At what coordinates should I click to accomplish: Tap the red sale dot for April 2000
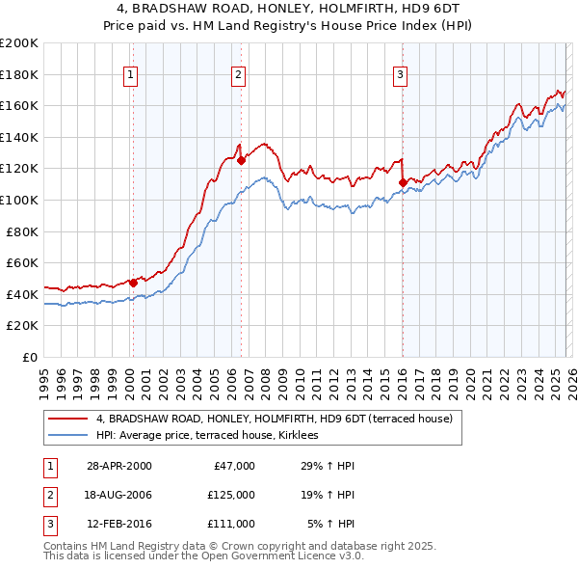tap(134, 283)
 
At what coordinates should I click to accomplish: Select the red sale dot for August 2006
tap(241, 161)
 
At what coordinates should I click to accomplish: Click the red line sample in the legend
tap(67, 419)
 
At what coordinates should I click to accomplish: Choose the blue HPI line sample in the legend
tap(67, 436)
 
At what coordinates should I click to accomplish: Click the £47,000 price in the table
tap(231, 466)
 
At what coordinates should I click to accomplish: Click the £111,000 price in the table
tap(231, 524)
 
